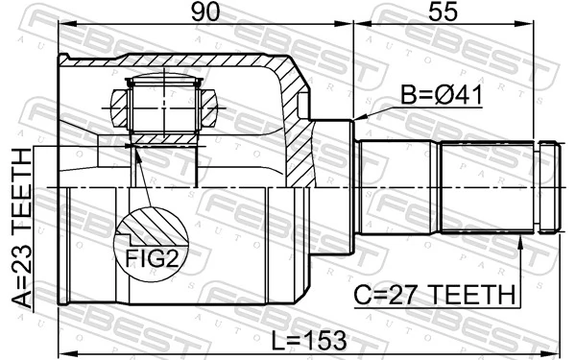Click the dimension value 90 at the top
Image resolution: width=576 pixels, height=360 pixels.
(203, 12)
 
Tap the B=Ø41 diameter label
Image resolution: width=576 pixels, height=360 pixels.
(442, 96)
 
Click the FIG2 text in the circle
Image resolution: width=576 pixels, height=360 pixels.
(152, 257)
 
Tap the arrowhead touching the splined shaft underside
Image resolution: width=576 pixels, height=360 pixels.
(521, 241)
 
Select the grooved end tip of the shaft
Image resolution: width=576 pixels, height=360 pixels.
(548, 186)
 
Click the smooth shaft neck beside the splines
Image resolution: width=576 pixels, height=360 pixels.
(398, 186)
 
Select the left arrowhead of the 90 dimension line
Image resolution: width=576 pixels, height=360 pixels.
(63, 29)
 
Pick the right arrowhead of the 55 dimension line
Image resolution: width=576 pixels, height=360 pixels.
(558, 29)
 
